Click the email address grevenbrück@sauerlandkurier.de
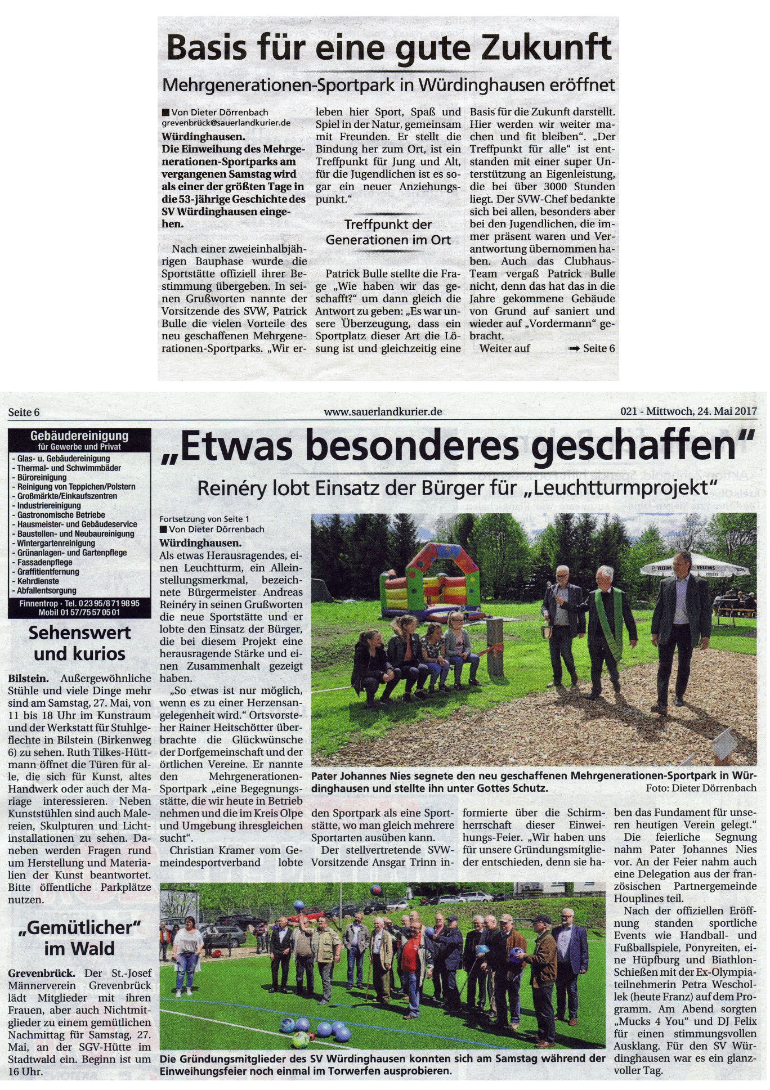pos(226,123)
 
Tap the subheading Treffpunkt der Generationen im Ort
pos(388,232)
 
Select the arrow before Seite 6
pos(574,349)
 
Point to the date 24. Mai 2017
pos(727,411)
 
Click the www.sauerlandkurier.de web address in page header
pos(383,412)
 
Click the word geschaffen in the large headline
pos(642,447)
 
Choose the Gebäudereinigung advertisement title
pos(79,436)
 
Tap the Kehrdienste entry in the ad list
pos(38,581)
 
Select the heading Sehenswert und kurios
pos(79,643)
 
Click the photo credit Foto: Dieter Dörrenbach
pos(701,788)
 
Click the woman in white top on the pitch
pos(188,957)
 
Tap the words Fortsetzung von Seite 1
pos(204,519)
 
